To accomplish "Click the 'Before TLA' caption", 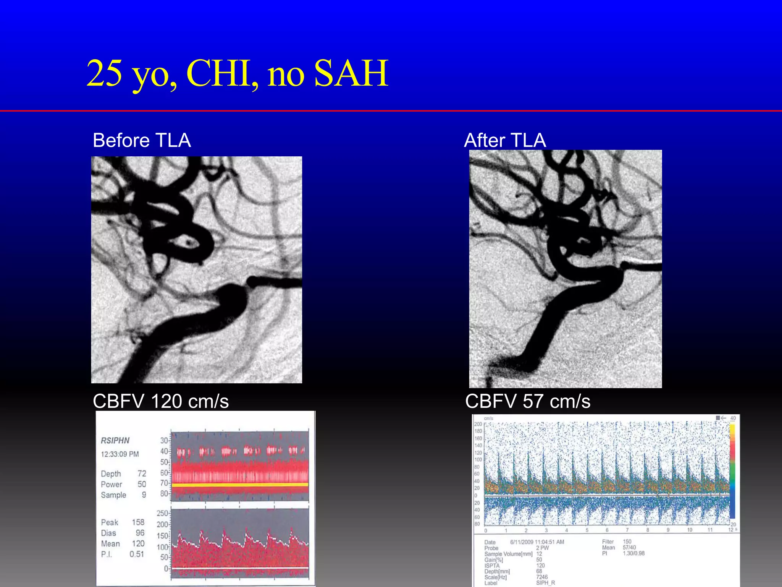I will coord(142,140).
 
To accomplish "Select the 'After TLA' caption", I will coord(505,140).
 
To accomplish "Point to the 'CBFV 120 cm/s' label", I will coord(161,401).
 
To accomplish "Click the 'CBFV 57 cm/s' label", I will coord(528,401).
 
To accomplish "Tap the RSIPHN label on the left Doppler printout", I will coord(115,440).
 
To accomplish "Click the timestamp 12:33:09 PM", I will coord(120,454).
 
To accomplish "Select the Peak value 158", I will coord(138,522).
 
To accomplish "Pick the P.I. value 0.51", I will coord(136,554).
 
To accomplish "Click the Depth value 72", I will coord(142,473).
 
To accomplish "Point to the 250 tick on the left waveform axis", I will coord(162,513).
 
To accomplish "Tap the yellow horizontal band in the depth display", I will coord(240,485).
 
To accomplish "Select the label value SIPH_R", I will coord(545,583).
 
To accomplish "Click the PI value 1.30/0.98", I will coord(633,553).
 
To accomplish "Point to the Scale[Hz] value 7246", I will coord(542,577).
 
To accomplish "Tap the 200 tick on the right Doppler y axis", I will coord(478,424).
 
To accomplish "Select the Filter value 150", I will coord(627,542).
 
